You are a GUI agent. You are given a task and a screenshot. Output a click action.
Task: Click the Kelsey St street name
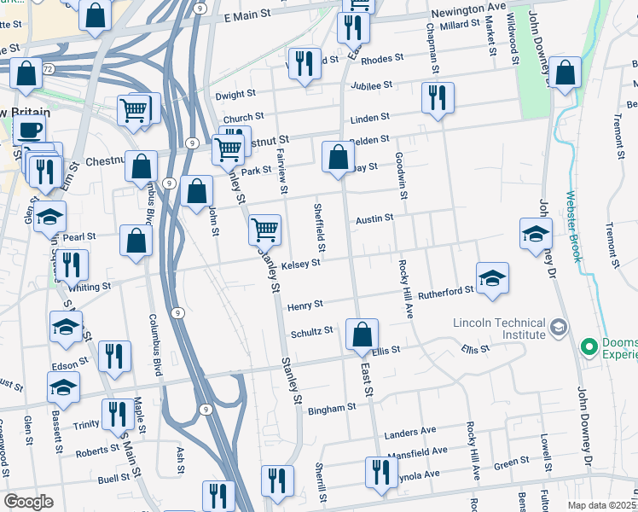(300, 264)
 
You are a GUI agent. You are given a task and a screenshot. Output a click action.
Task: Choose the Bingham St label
(333, 408)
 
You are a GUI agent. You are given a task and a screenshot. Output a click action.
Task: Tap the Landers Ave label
(410, 431)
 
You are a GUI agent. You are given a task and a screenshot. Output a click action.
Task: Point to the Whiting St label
(90, 288)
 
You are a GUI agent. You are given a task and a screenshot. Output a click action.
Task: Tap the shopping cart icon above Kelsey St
(264, 229)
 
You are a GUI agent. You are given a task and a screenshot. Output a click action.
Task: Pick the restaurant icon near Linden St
(437, 96)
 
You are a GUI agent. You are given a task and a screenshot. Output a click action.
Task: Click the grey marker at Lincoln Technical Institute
(558, 327)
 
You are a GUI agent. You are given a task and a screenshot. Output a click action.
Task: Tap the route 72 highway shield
(50, 67)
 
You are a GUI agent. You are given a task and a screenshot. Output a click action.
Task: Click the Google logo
(28, 502)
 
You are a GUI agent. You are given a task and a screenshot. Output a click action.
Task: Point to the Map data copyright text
(602, 505)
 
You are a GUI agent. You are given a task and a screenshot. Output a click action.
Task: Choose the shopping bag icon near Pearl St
(136, 241)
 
